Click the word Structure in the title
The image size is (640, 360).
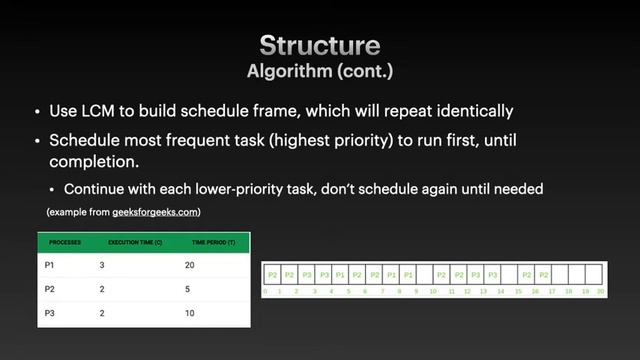point(320,45)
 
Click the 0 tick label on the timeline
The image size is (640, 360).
point(264,291)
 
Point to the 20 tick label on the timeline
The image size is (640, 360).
point(601,291)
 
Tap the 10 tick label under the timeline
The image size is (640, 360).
point(433,291)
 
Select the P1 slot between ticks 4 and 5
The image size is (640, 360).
point(340,273)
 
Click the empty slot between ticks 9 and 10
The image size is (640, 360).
point(425,273)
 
